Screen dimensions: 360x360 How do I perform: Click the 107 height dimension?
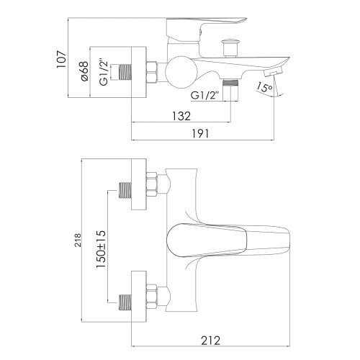pyautogui.click(x=61, y=59)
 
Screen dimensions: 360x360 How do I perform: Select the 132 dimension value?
pyautogui.click(x=181, y=116)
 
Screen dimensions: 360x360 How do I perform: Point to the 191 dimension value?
pyautogui.click(x=200, y=134)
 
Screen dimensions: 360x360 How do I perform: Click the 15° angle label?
pyautogui.click(x=264, y=88)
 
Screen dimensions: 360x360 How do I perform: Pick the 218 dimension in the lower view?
pyautogui.click(x=78, y=240)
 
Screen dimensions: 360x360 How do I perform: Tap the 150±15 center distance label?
pyautogui.click(x=101, y=249)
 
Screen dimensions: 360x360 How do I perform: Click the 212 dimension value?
pyautogui.click(x=210, y=341)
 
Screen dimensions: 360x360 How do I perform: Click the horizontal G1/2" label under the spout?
pyautogui.click(x=205, y=96)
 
